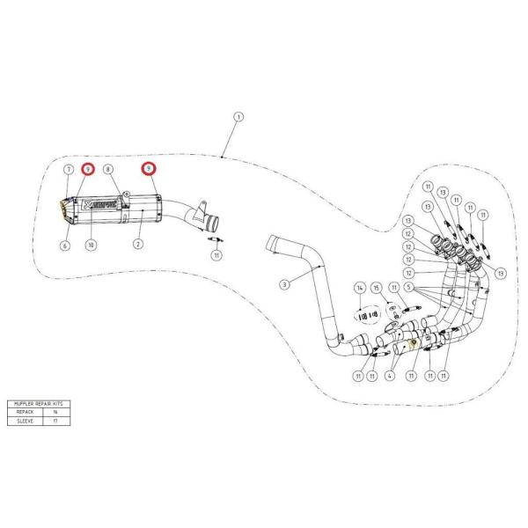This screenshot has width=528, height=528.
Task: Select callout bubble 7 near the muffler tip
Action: click(x=67, y=168)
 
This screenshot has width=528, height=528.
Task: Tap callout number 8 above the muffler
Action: click(x=107, y=168)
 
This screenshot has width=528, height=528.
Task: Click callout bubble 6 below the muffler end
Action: click(x=64, y=246)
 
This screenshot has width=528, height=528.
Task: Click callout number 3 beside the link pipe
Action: click(x=284, y=284)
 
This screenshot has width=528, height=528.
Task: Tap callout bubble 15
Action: click(x=376, y=289)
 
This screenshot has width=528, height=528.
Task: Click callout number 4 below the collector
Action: click(x=387, y=376)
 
